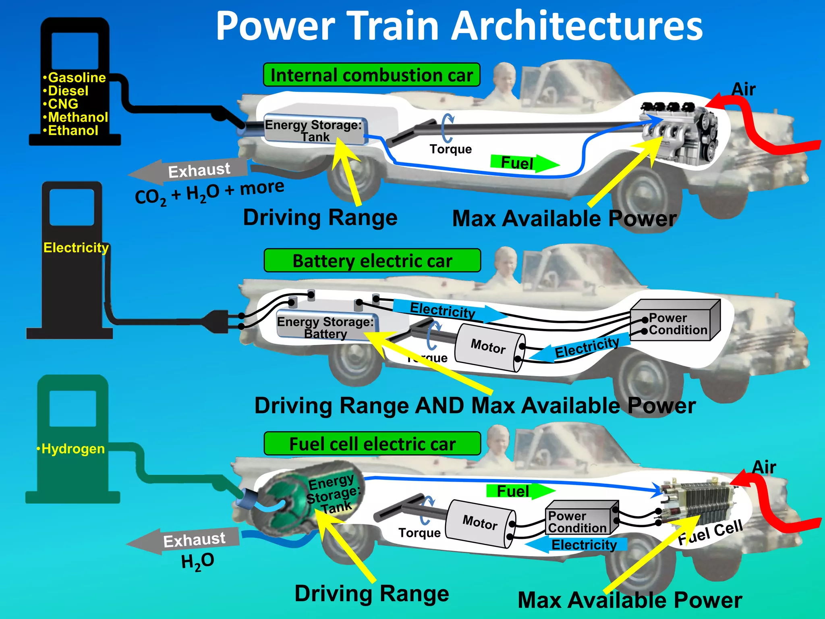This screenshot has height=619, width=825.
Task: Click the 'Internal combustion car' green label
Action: click(371, 75)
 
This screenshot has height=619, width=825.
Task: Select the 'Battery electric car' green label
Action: click(372, 261)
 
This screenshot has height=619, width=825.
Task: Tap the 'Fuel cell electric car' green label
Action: click(372, 444)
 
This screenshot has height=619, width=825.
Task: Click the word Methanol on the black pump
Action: click(78, 117)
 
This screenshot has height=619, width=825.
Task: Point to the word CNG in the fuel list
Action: click(63, 104)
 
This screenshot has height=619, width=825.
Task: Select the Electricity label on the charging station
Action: click(76, 247)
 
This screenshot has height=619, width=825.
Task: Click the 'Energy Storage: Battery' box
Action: click(325, 327)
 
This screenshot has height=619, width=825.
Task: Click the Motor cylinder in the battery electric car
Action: click(489, 347)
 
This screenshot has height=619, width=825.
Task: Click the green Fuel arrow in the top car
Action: click(524, 163)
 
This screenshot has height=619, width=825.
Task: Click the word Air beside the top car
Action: click(743, 89)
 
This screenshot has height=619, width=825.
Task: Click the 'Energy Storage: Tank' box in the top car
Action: click(314, 130)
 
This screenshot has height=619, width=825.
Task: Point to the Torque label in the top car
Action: click(450, 149)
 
